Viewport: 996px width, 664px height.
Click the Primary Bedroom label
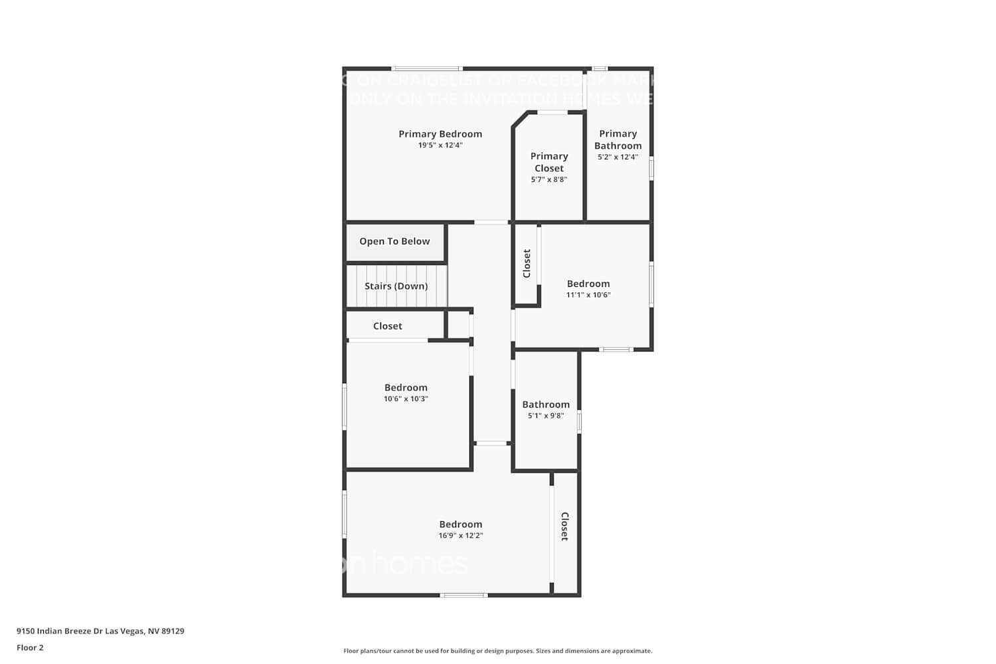click(x=440, y=134)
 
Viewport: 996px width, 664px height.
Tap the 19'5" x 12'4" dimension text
click(x=440, y=145)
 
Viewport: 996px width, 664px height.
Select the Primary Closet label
click(x=549, y=162)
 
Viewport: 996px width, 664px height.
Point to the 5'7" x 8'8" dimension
click(x=549, y=180)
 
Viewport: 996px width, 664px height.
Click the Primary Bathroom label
click(x=618, y=139)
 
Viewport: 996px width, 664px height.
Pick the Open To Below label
click(x=394, y=242)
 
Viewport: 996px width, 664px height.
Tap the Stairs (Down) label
click(x=396, y=286)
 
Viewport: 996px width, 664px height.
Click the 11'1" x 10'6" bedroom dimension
click(x=588, y=295)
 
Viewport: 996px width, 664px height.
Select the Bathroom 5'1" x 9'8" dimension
click(x=546, y=416)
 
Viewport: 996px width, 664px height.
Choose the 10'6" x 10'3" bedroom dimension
click(x=406, y=399)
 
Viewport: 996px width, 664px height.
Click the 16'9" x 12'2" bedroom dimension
click(x=461, y=536)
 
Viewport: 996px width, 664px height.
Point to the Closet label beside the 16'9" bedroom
click(x=565, y=526)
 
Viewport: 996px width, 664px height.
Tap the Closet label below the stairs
click(x=388, y=326)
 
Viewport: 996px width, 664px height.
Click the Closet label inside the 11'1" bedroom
click(x=527, y=264)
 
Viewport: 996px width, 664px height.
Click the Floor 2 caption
click(x=30, y=648)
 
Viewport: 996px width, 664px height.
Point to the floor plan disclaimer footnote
click(x=497, y=651)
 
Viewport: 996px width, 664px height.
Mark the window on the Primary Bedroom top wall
click(x=426, y=68)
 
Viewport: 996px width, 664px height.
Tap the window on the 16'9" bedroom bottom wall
click(x=464, y=595)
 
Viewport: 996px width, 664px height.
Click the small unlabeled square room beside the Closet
click(x=458, y=325)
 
